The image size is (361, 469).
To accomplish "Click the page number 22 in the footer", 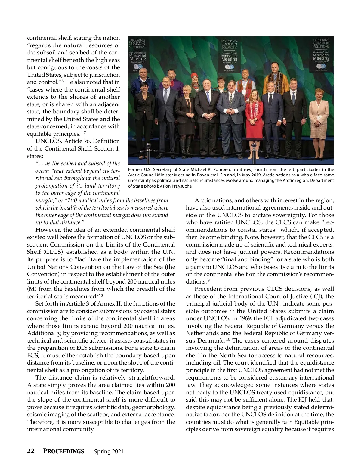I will tap(30, 451).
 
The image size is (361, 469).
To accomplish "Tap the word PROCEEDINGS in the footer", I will tap(63, 451).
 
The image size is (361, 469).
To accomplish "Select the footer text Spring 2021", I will tap(109, 451).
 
